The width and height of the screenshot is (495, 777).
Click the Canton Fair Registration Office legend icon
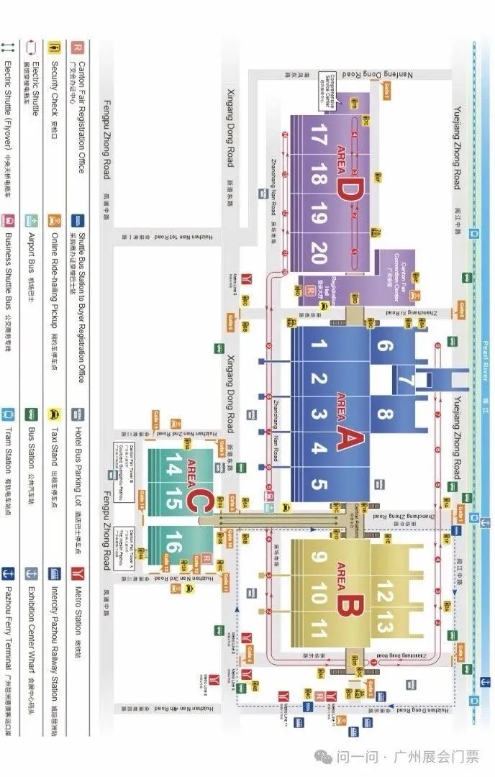[x=77, y=46]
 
